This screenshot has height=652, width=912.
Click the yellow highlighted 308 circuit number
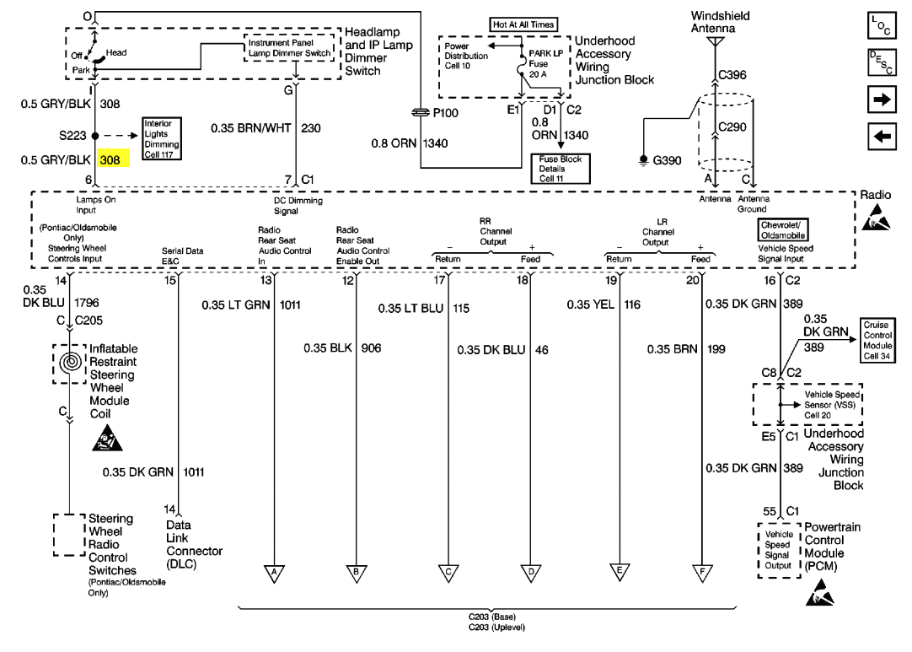[x=112, y=159]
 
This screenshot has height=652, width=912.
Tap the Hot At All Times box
[x=523, y=24]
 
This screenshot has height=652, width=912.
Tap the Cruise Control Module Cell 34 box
[x=877, y=340]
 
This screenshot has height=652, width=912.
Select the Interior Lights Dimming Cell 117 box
[x=162, y=138]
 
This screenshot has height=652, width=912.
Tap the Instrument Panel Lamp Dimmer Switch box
[x=290, y=47]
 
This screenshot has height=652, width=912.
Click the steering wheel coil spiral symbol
[x=71, y=364]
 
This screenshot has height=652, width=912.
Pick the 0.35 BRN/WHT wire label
[x=249, y=129]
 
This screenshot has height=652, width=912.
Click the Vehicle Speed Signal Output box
[x=777, y=549]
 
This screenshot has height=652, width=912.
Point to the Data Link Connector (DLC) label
[x=194, y=544]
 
